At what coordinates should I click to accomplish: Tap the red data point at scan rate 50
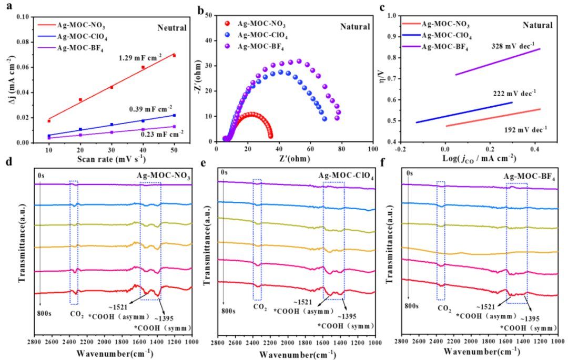tap(174, 56)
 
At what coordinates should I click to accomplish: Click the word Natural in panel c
tap(537, 25)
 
